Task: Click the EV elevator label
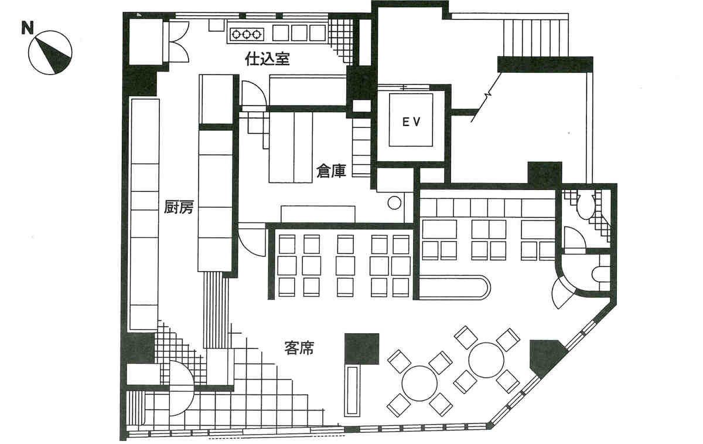pos(411,122)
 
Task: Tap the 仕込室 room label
pos(267,59)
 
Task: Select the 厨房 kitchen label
pos(178,207)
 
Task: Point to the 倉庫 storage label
pos(331,171)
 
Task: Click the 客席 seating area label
pos(299,348)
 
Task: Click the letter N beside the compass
pos(28,28)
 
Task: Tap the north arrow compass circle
pos(50,52)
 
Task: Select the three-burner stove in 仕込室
pos(247,34)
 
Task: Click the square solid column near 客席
pos(362,349)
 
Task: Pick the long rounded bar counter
pos(455,287)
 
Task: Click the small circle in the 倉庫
pos(394,203)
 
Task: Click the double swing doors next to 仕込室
pos(179,42)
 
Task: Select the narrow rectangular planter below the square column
pos(352,390)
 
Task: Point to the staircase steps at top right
pos(536,38)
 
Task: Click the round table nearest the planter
pos(419,384)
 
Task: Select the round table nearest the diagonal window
pos(486,360)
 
